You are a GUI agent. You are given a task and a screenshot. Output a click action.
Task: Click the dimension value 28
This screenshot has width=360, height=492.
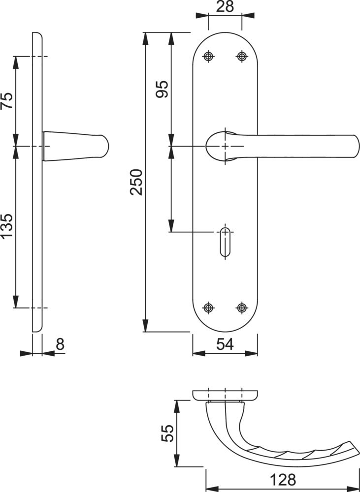click(225, 6)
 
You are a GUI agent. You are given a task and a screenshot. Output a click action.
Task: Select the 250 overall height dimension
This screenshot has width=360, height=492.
click(136, 183)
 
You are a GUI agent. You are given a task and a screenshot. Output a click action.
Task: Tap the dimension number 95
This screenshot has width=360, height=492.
click(163, 90)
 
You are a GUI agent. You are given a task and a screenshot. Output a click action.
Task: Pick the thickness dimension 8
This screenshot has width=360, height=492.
click(60, 344)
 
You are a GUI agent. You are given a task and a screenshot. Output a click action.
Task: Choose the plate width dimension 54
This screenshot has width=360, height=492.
click(225, 344)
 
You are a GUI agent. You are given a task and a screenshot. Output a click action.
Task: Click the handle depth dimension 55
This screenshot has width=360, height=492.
click(167, 433)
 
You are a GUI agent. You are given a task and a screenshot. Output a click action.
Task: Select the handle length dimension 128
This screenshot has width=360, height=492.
click(283, 480)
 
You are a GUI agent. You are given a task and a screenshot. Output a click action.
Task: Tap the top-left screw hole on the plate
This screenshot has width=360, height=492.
click(209, 57)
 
